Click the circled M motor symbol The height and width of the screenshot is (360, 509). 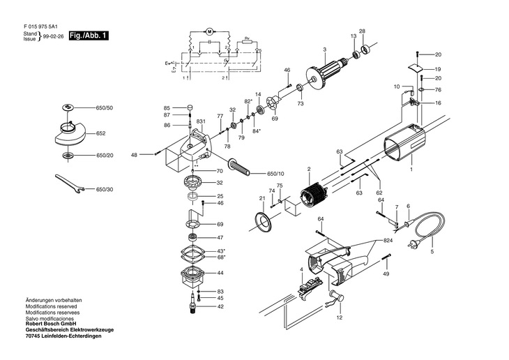[x=208, y=33]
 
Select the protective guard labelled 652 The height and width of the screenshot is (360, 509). [x=71, y=133]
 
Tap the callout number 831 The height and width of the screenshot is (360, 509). [x=200, y=121]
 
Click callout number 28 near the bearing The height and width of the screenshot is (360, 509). [x=362, y=31]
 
